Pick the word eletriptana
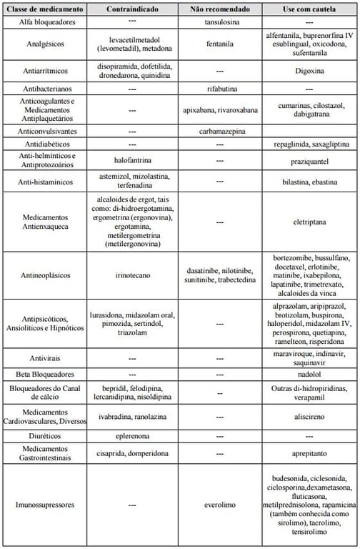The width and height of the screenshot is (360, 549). [x=309, y=222]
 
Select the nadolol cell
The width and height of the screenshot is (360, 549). [x=309, y=374]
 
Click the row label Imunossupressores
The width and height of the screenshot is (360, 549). [x=46, y=504]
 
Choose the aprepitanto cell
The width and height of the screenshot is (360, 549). [x=309, y=453]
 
